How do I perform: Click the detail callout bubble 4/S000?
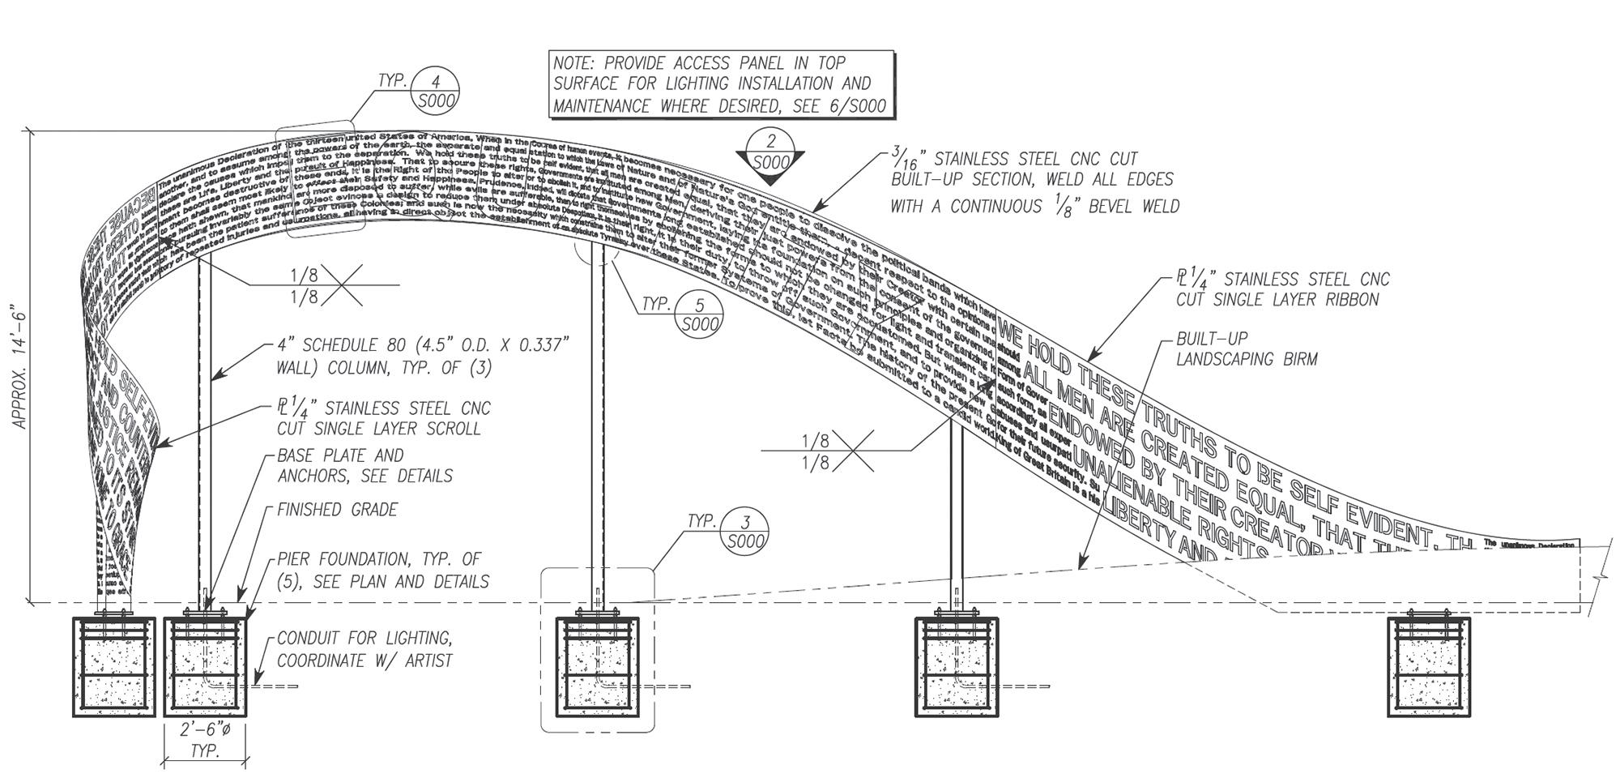[x=436, y=89]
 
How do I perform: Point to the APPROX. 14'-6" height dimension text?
[x=19, y=366]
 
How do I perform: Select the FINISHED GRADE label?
[x=337, y=510]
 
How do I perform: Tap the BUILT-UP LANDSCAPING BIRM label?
[x=1247, y=348]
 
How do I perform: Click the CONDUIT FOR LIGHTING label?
[x=364, y=649]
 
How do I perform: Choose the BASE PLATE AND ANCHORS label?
[x=364, y=466]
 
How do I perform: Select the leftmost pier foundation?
[x=114, y=667]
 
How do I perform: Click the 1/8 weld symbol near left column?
[x=305, y=286]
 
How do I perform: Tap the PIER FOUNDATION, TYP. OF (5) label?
[x=382, y=570]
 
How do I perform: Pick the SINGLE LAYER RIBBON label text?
[x=1282, y=289]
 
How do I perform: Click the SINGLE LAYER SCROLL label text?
[x=383, y=418]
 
